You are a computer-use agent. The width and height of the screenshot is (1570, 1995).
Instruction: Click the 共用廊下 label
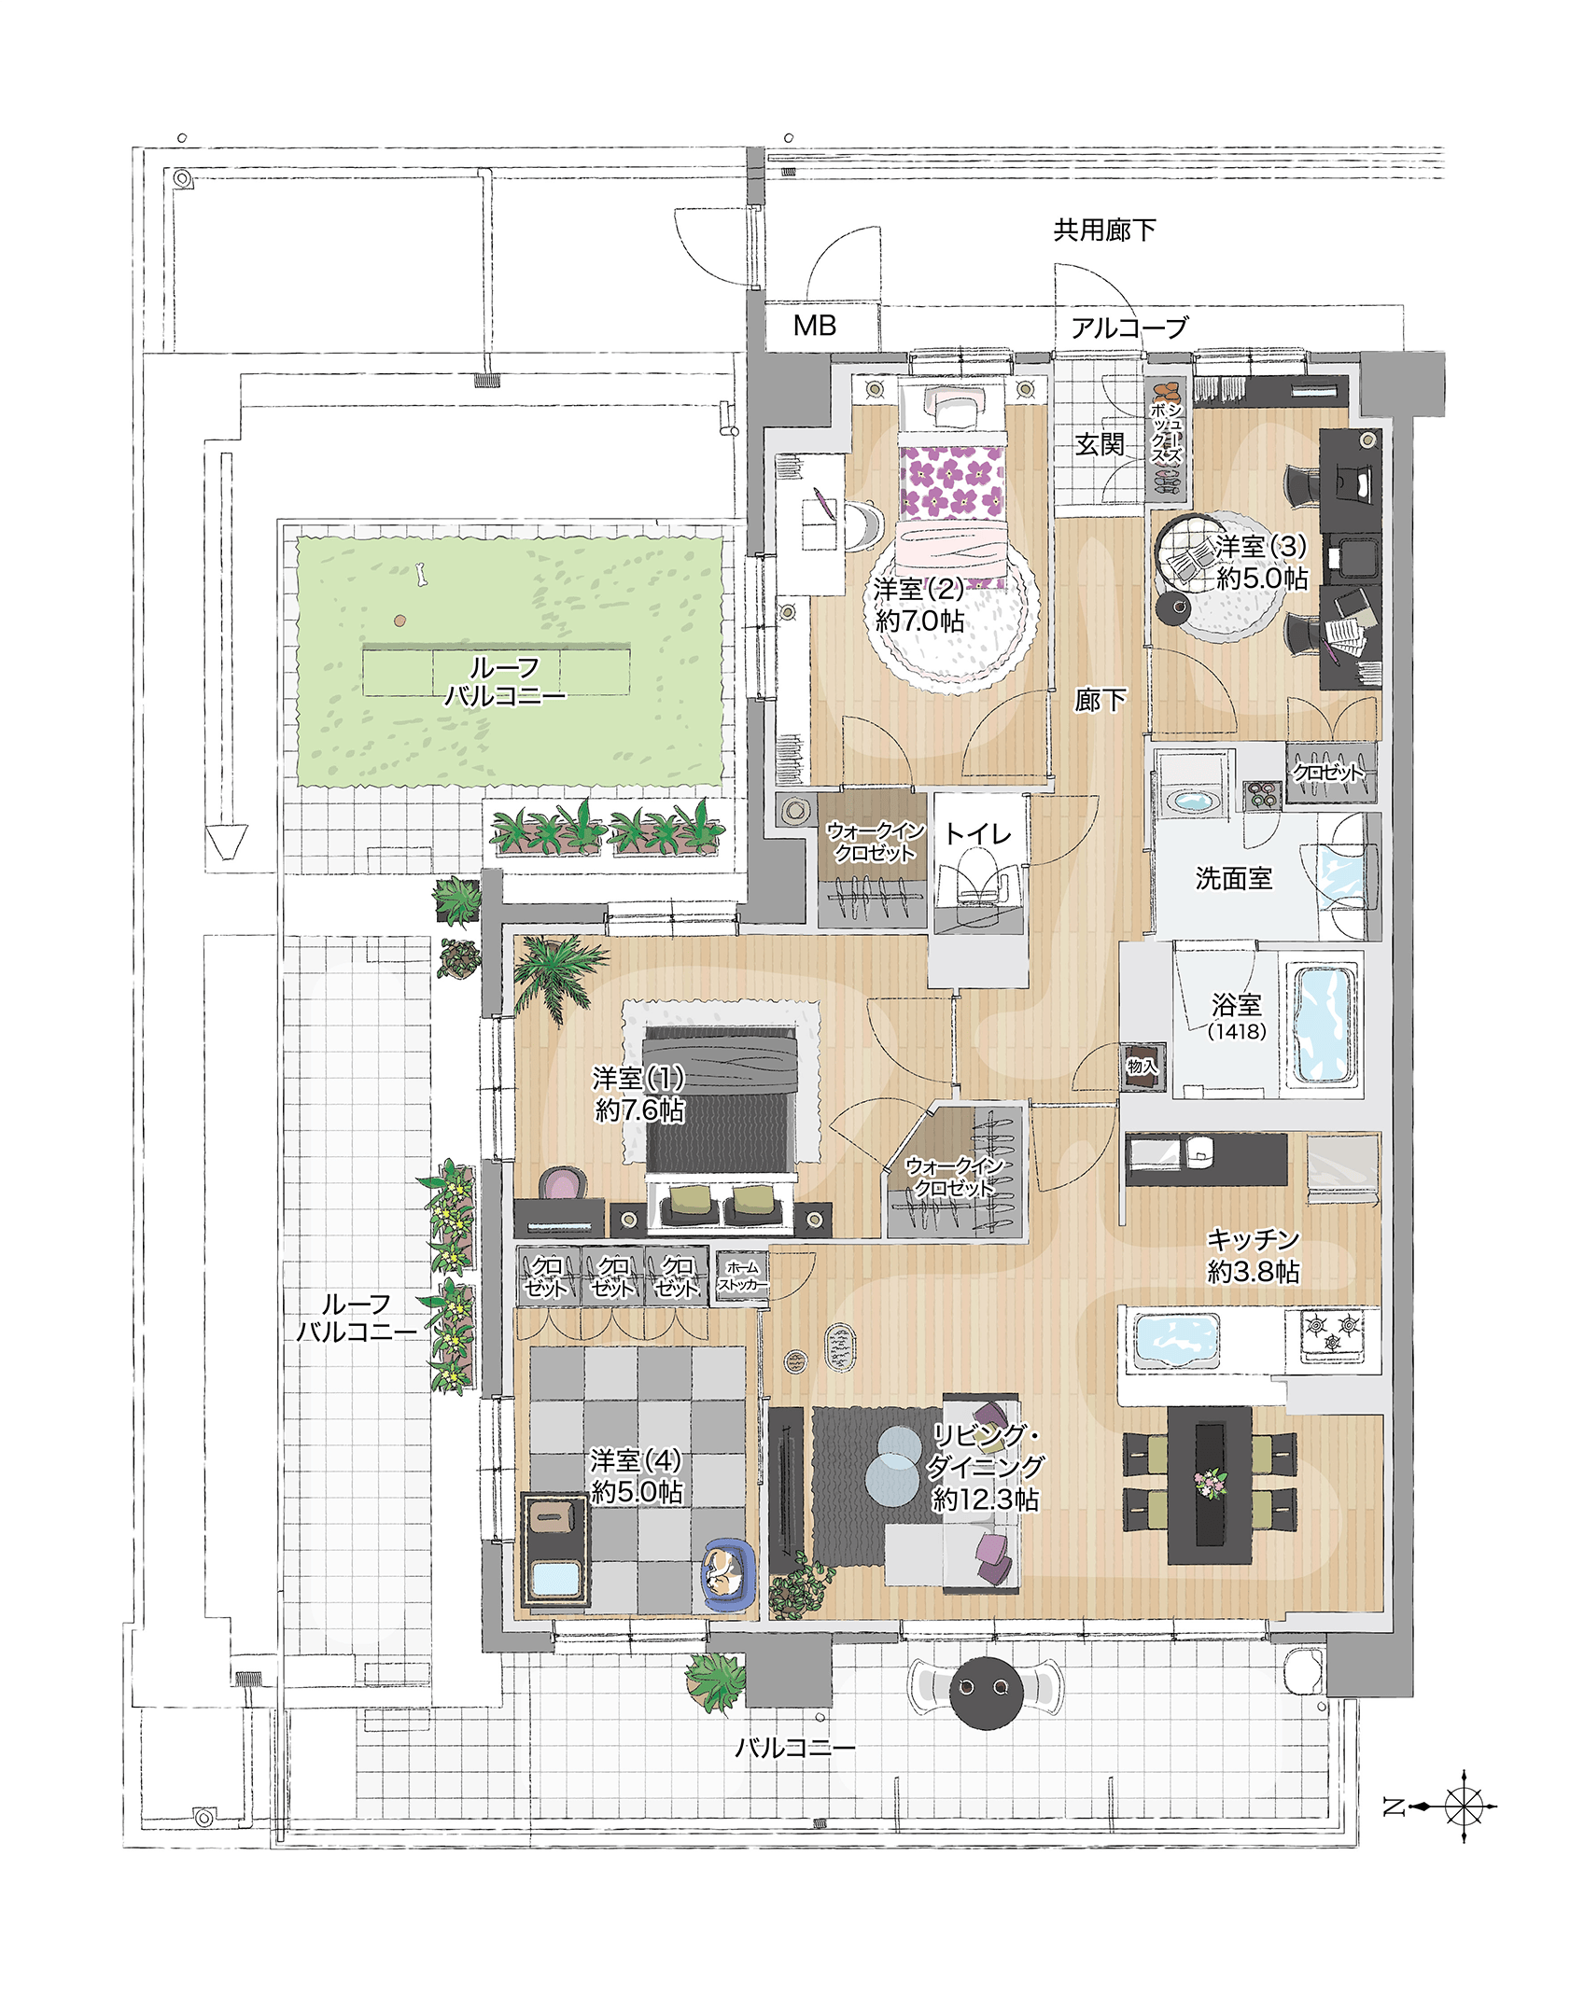(1104, 230)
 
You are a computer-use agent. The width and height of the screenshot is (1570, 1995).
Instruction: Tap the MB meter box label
(814, 326)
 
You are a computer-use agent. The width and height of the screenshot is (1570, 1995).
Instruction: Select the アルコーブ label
(1128, 328)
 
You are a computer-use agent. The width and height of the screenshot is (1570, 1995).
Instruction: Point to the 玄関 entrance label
(1100, 444)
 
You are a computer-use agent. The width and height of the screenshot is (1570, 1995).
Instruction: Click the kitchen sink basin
(1176, 1340)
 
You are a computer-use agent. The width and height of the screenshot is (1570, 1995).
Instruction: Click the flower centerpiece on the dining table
(1210, 1483)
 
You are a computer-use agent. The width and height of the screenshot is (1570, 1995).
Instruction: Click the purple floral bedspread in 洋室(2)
(951, 481)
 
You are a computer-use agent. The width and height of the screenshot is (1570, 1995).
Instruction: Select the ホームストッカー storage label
(742, 1277)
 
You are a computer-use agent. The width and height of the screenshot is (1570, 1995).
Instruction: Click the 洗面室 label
(1233, 878)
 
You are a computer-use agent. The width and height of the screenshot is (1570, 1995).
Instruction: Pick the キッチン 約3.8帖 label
(1253, 1255)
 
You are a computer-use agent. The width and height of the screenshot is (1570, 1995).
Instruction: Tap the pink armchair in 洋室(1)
(564, 1184)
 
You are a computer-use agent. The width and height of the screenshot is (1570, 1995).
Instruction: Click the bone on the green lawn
(421, 574)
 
